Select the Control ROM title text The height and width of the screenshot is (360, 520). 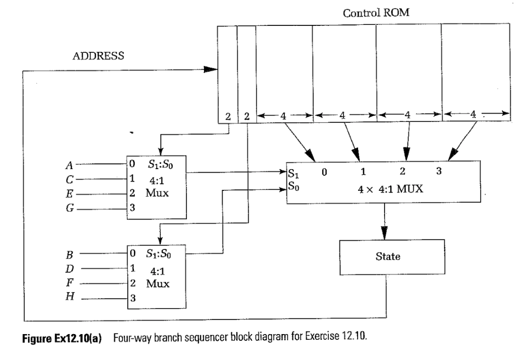(x=376, y=13)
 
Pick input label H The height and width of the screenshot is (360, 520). (x=69, y=299)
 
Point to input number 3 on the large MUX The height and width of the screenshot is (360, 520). (x=439, y=172)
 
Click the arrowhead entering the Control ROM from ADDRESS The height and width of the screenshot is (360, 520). (x=210, y=70)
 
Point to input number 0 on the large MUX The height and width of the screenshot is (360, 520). (x=324, y=172)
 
